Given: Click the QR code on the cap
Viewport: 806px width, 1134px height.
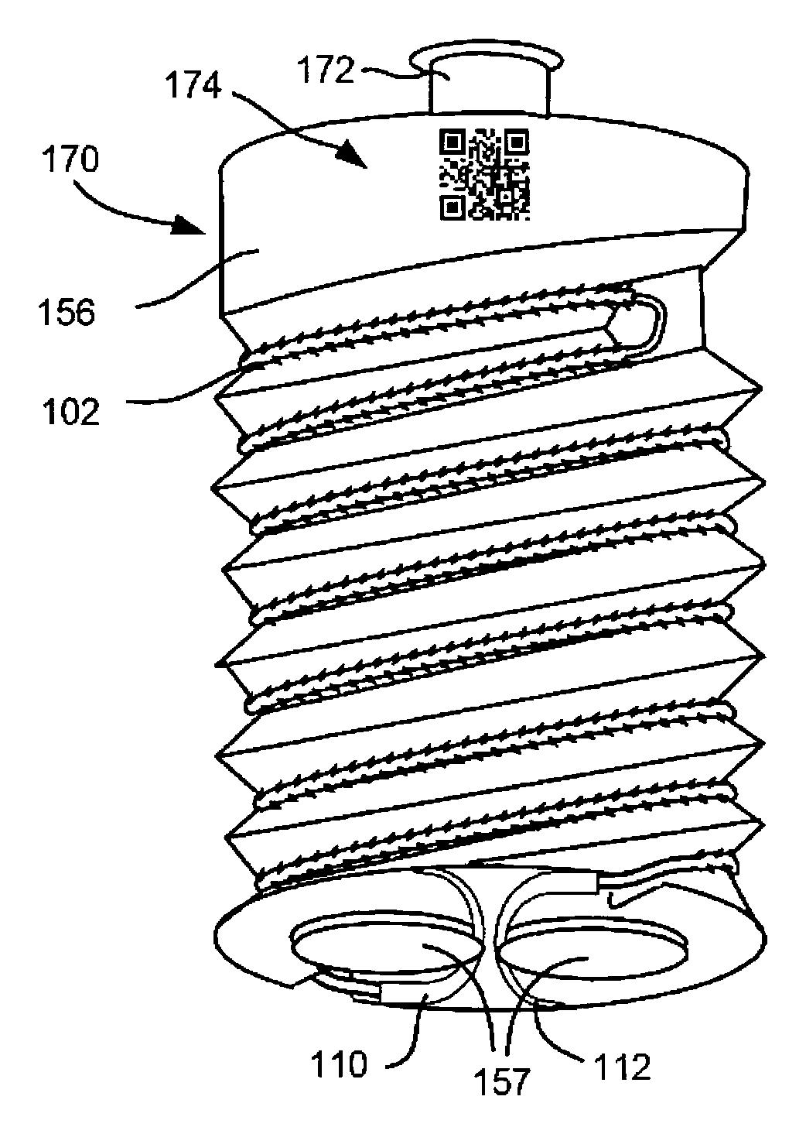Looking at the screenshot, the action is click(x=484, y=173).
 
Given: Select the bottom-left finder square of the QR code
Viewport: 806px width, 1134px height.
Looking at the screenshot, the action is click(x=452, y=206).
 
